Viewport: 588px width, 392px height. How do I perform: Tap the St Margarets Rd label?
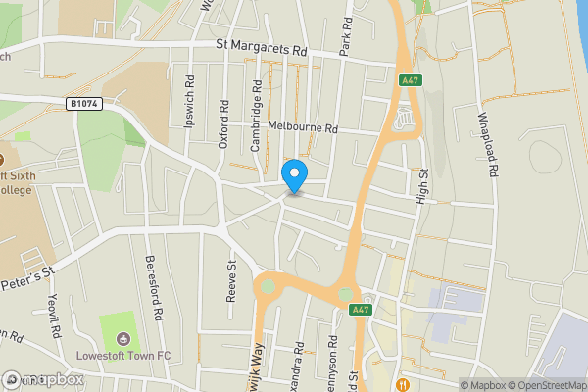262,46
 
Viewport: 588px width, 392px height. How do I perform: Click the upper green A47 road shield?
410,82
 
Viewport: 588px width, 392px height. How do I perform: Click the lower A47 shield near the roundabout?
362,310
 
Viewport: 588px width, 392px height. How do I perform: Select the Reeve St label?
232,280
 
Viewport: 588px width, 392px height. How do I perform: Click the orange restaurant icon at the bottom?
404,383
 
